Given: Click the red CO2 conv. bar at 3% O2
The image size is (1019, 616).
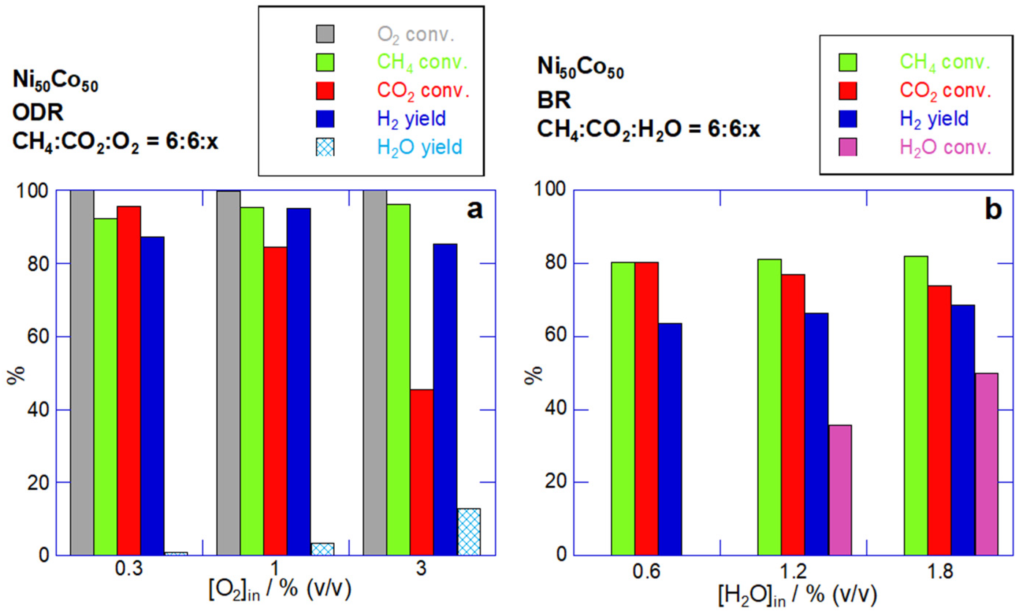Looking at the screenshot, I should [x=422, y=472].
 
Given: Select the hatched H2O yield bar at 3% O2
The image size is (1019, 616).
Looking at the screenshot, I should [x=469, y=532].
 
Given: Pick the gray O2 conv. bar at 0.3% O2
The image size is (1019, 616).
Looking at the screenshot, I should [x=82, y=372].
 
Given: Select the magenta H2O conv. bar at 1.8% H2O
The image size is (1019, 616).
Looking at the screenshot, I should [x=987, y=464].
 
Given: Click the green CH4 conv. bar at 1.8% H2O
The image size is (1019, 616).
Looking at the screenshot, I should [x=916, y=405].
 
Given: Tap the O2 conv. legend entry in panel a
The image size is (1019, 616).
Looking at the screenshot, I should [x=416, y=35].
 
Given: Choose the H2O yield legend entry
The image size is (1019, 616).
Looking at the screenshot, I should [x=419, y=147].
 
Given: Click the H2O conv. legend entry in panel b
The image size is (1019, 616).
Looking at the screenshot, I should [x=945, y=147].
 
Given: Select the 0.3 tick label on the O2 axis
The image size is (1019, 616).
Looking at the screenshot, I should [x=129, y=569].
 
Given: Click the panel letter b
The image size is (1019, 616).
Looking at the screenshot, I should [x=993, y=210].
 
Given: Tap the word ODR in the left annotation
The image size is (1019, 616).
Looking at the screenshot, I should [x=38, y=112].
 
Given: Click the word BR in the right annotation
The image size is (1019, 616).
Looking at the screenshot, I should [x=554, y=100].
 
